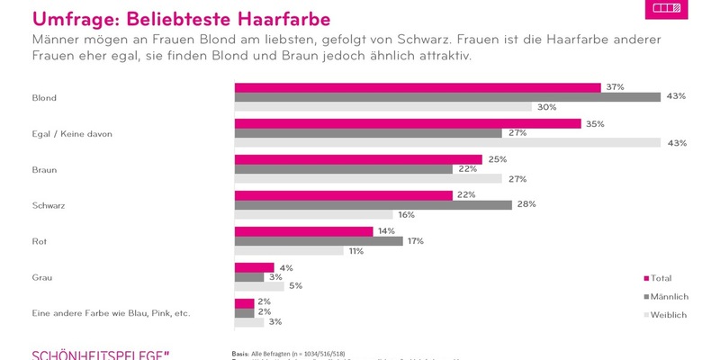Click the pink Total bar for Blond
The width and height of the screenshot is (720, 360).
coord(418,87)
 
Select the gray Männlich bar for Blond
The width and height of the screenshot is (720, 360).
coord(447,96)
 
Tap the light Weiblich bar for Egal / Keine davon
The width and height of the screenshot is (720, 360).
coord(447,142)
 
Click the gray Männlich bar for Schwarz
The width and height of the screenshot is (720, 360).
coord(373,204)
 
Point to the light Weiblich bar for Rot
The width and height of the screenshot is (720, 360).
coord(289,250)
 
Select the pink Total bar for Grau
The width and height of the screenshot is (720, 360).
coord(254,267)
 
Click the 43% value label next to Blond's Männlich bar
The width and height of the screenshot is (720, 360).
coord(677,96)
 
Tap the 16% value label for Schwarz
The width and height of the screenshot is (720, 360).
coord(406,214)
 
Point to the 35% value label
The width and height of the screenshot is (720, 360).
coord(594,123)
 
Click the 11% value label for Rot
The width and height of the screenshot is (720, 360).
coord(355,250)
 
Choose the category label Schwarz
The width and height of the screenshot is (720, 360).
coord(49,205)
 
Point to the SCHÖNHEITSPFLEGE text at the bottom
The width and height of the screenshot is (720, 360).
coord(99,353)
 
